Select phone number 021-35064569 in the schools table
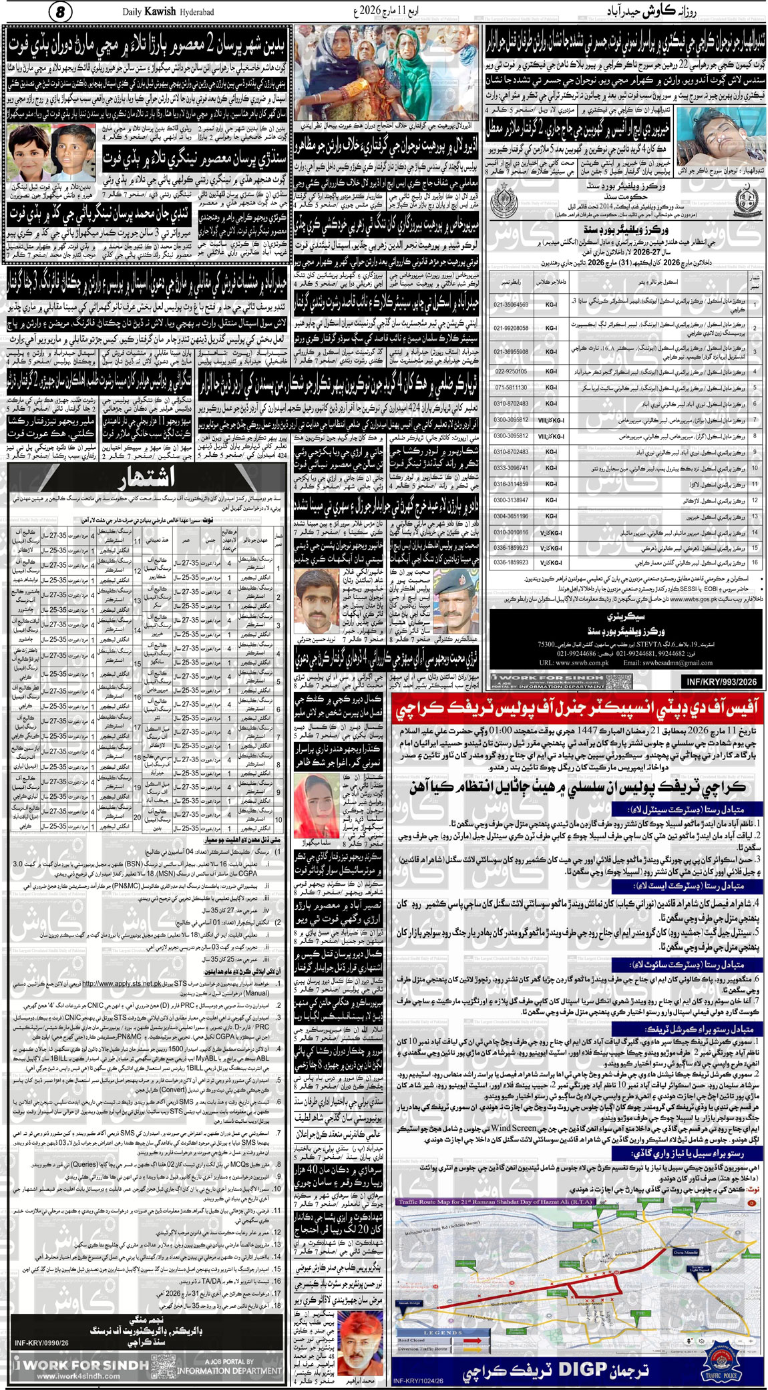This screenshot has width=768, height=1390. point(511,305)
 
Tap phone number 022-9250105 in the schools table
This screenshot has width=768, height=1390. point(511,371)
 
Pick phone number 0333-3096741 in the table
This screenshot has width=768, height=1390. point(511,468)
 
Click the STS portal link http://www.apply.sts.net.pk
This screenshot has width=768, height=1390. point(121,983)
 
